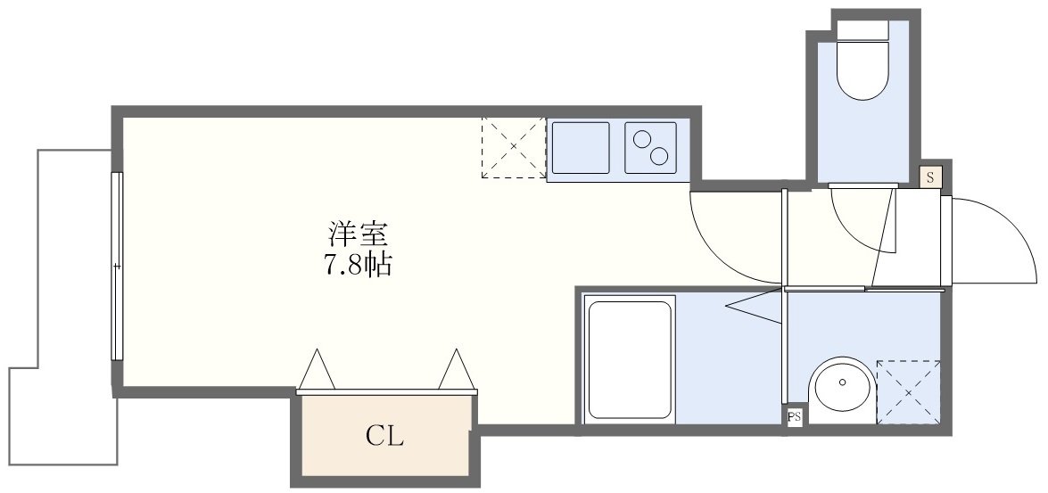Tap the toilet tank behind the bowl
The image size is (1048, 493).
tap(863, 29)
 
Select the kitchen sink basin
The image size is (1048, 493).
tap(580, 148)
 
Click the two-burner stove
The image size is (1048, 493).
tap(650, 148)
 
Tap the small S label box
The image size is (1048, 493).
tap(930, 177)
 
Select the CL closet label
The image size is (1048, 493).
tap(384, 437)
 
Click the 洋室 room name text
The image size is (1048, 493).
tap(357, 235)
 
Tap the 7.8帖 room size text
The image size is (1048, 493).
tap(357, 265)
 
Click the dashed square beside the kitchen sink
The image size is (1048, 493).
tap(513, 147)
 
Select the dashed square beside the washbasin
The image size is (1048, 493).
tap(908, 391)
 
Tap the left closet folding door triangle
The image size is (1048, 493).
tap(317, 370)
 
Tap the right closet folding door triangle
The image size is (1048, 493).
tap(455, 370)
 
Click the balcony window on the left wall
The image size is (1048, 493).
tap(116, 266)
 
